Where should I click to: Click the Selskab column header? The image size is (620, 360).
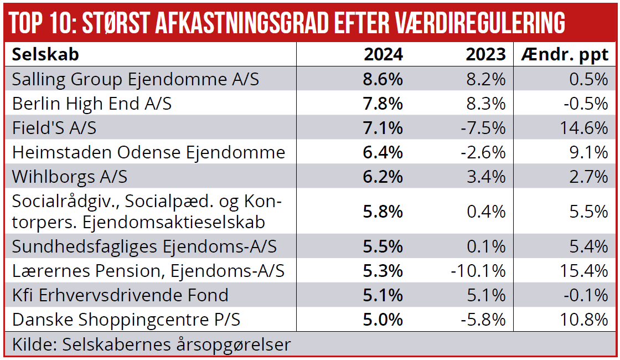tap(45, 54)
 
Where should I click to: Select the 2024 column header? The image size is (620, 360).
tap(383, 54)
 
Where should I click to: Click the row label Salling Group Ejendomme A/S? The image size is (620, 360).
tap(136, 79)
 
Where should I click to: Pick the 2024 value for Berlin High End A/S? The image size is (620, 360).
tap(383, 104)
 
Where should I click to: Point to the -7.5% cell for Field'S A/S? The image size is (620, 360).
tap(483, 128)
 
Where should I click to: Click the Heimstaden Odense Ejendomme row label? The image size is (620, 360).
tap(148, 152)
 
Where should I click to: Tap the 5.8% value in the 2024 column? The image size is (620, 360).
tap(383, 211)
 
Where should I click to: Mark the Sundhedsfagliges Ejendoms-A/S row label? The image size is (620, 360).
tap(144, 246)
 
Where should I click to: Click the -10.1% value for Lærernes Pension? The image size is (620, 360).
tap(479, 271)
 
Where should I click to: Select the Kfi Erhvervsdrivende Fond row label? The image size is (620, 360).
tap(120, 295)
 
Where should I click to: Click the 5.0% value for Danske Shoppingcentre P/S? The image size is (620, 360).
tap(383, 320)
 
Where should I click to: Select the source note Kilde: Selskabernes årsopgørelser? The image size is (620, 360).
tap(151, 344)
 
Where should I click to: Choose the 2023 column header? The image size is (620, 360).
tap(485, 54)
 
